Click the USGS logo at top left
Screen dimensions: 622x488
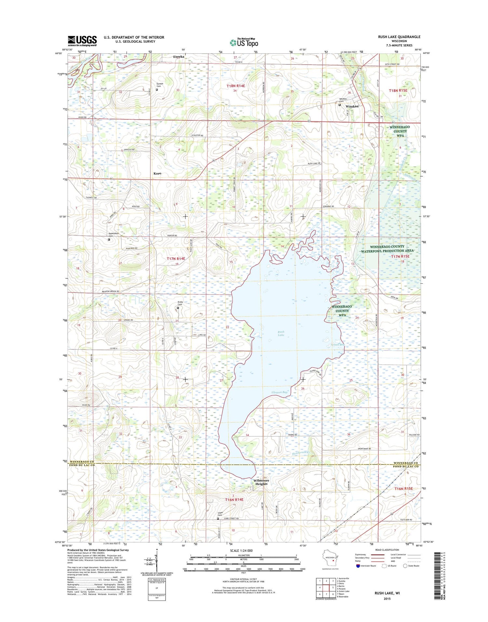tap(82, 41)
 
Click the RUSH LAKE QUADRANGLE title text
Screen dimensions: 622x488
tap(399, 37)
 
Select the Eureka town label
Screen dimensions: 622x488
tap(179, 57)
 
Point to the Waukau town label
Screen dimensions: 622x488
tap(352, 106)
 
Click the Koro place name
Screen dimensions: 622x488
tap(157, 174)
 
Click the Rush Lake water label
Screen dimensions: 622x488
tap(281, 333)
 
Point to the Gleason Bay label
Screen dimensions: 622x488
tap(280, 392)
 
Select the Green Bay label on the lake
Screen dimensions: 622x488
tap(338, 345)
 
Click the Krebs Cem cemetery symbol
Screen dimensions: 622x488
tap(178, 308)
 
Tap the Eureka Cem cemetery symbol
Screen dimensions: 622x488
tap(157, 90)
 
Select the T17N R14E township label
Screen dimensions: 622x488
tap(176, 259)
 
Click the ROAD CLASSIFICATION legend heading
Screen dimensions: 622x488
tap(386, 550)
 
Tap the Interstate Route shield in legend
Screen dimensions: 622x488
tap(358, 566)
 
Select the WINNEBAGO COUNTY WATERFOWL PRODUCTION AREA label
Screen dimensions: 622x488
tap(387, 249)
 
